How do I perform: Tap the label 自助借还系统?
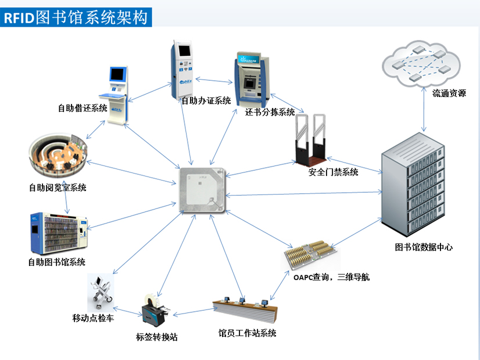(82, 107)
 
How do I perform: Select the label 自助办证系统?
(206, 100)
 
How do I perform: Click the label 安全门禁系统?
(333, 172)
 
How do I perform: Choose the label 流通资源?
(449, 93)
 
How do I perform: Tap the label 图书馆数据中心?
(424, 247)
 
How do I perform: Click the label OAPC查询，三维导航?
(331, 277)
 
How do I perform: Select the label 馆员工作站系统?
(247, 333)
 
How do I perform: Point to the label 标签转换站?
(157, 336)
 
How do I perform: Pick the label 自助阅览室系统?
(58, 188)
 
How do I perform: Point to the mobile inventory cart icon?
(101, 293)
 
